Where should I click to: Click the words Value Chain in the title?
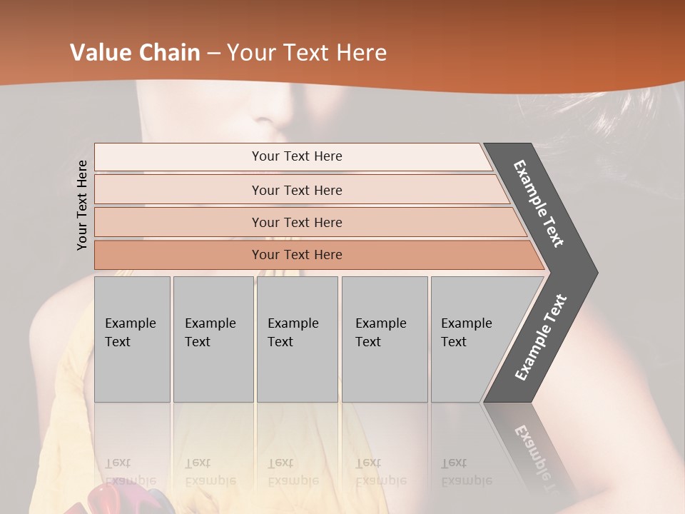[135, 53]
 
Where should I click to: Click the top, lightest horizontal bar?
[296, 156]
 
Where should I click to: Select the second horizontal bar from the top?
[296, 190]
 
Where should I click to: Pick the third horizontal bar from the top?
[296, 222]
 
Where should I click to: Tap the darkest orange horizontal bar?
[296, 255]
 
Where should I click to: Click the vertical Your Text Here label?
[82, 205]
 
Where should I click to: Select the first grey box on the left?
[132, 338]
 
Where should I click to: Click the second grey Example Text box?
[213, 338]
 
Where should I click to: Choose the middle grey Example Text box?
[297, 338]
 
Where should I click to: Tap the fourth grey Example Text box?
[384, 338]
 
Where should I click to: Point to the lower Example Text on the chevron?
[541, 337]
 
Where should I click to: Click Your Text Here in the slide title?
[307, 53]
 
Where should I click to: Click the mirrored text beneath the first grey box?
[131, 472]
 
